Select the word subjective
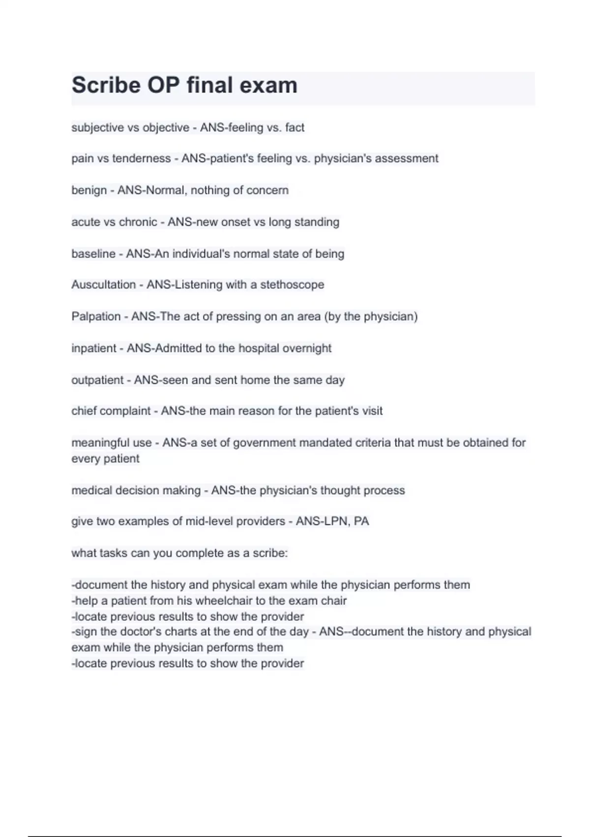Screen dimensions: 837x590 tap(97, 128)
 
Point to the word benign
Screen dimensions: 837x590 tap(89, 190)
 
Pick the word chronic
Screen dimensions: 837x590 tap(138, 222)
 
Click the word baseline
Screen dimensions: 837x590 tap(93, 254)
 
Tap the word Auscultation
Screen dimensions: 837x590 tap(103, 285)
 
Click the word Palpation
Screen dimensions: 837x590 tap(96, 316)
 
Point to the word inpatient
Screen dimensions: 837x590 tap(94, 348)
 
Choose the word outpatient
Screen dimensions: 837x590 tap(97, 380)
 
